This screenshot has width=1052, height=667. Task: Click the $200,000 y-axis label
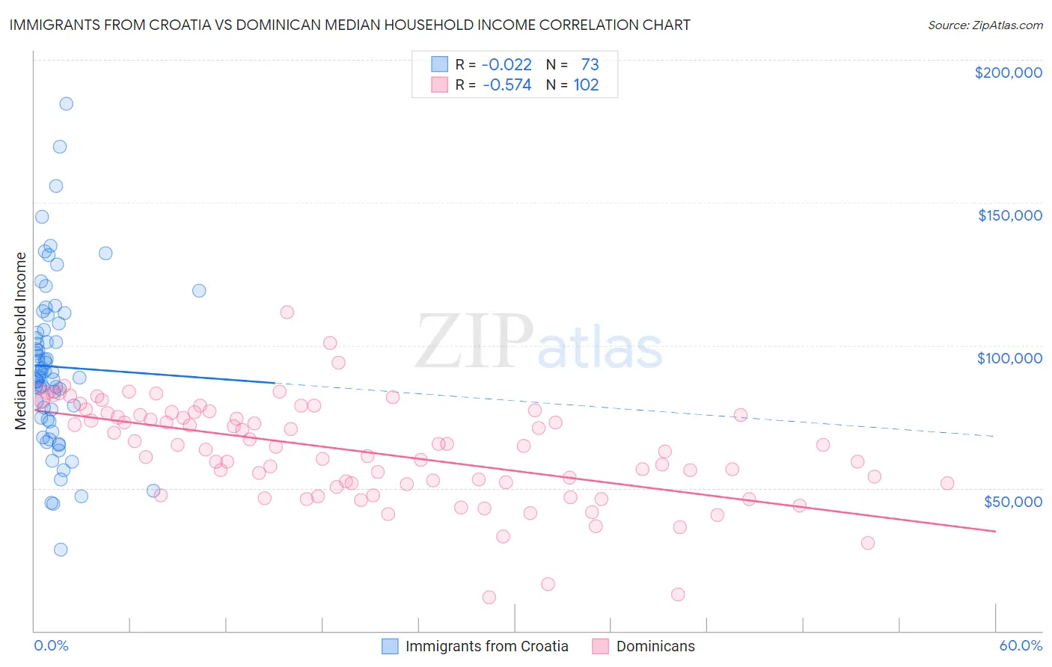coord(1008,73)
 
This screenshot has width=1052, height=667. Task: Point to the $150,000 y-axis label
coord(1009,215)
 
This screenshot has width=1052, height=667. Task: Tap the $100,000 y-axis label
coord(1009,358)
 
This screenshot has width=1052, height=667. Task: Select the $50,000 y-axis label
coord(1012,501)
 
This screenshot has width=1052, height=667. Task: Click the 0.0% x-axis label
coord(51,645)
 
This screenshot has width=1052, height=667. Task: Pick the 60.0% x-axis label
coord(1020,645)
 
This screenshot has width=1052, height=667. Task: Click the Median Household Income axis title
coord(21,341)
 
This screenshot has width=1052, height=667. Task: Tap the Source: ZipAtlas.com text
coord(985,25)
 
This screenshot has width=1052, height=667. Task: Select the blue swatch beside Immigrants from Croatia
coord(390,646)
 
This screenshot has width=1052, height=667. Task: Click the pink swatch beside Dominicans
coord(600,646)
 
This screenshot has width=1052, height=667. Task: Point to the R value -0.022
coord(507,65)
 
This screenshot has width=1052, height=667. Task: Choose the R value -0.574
coord(507,85)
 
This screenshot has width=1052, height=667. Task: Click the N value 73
coord(590,65)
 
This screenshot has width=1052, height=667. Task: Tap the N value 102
coord(586,85)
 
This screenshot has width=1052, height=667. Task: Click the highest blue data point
coord(67,104)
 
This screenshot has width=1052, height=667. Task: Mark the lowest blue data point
coord(61,550)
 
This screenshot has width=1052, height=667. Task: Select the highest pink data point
coord(287,313)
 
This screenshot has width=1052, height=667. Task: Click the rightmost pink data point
coord(947,483)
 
